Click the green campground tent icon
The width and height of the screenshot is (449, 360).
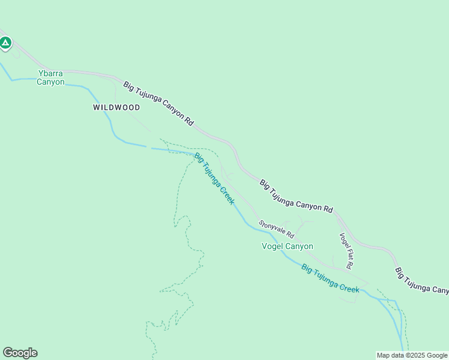[x=5, y=43]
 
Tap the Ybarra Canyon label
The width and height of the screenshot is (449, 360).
[x=50, y=77]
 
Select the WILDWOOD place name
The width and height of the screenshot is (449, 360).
[x=116, y=107]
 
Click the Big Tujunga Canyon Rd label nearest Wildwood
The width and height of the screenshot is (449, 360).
[x=159, y=103]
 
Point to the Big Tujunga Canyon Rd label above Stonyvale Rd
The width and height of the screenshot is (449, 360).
[x=296, y=196]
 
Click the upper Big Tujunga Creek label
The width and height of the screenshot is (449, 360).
[x=214, y=179]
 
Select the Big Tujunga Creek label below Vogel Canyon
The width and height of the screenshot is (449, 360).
[x=330, y=278]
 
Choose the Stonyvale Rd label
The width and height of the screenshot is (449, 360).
[x=277, y=229]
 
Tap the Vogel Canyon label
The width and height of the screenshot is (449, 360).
[x=288, y=246]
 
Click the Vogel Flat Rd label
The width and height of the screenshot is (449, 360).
[x=346, y=250]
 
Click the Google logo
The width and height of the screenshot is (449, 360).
[x=20, y=353]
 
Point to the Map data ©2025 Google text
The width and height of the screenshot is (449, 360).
[x=412, y=355]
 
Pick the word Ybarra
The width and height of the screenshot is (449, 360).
[x=50, y=73]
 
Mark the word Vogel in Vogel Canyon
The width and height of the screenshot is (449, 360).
[x=273, y=246]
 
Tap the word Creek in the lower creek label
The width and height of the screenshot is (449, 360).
[x=348, y=287]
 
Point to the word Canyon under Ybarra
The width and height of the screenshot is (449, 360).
[x=50, y=82]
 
